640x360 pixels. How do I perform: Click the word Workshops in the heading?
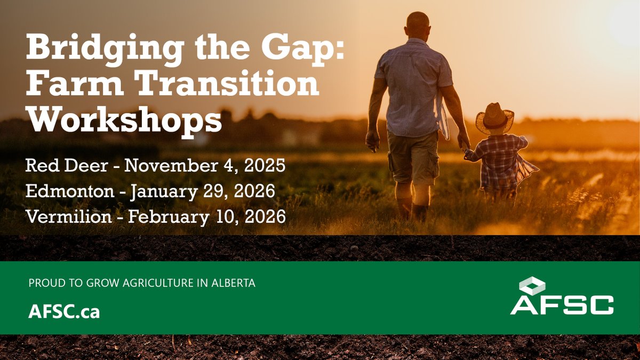point(124,121)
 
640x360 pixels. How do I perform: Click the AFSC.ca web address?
point(64,312)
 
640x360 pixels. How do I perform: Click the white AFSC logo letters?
point(562,305)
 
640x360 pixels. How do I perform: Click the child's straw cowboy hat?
point(494,117)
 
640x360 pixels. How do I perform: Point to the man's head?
point(417,25)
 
